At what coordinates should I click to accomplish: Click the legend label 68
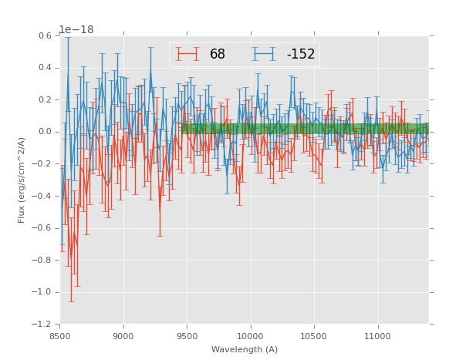(x=218, y=54)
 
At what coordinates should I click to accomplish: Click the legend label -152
(x=301, y=54)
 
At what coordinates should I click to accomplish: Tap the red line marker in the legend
(x=187, y=54)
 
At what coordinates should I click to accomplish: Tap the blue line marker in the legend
(x=264, y=54)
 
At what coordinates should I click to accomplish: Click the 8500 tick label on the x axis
(x=60, y=336)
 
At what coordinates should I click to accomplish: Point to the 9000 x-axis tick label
(x=123, y=336)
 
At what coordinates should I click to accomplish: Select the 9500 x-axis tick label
(x=187, y=336)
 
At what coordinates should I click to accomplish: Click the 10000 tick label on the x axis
(x=251, y=336)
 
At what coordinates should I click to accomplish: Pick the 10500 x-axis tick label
(x=314, y=336)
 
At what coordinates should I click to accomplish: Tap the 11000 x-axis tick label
(x=377, y=336)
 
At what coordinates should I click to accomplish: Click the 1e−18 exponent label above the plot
(x=76, y=29)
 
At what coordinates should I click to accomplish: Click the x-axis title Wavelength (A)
(x=245, y=349)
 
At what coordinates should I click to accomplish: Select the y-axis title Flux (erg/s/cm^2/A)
(x=22, y=180)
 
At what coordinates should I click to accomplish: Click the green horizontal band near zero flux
(x=305, y=128)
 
